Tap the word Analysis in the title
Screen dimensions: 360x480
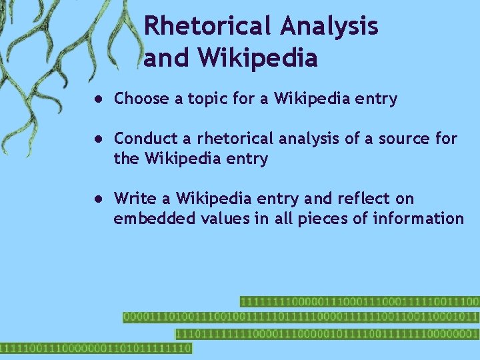pos(329,26)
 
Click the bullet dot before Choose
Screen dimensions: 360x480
pos(97,99)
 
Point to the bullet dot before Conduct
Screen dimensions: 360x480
pos(97,139)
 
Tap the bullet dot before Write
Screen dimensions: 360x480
pos(97,199)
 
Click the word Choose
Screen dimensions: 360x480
pos(141,99)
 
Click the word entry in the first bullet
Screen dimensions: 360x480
pos(377,99)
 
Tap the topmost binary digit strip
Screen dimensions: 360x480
pos(359,302)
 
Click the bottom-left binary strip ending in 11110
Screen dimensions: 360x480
pos(95,348)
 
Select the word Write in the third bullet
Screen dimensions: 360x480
pos(133,199)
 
